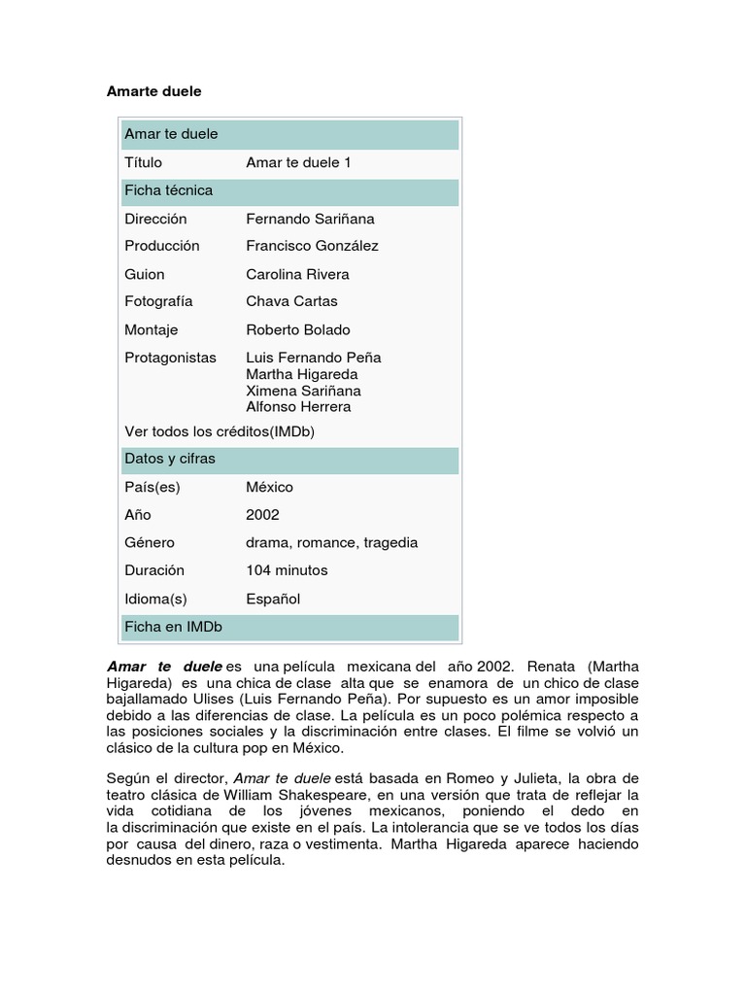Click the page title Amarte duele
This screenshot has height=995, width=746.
(x=153, y=90)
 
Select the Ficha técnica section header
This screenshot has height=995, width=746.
(x=168, y=190)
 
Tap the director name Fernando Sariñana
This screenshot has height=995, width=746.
(x=310, y=219)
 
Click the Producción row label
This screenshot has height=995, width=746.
(x=162, y=246)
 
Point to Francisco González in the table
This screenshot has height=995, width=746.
(x=312, y=246)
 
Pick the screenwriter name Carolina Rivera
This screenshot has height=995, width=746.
(x=297, y=274)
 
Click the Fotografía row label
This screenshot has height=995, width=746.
(x=158, y=301)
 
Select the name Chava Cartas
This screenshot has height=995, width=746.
(x=291, y=301)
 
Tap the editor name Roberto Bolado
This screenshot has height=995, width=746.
(x=298, y=329)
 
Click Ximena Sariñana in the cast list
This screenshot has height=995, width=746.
(x=298, y=390)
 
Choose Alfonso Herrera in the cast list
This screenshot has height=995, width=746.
(x=298, y=406)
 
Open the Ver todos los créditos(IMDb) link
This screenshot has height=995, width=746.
(x=220, y=431)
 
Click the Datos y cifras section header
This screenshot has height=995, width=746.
(x=170, y=459)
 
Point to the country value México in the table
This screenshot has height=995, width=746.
(x=269, y=487)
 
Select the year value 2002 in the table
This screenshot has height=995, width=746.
(x=262, y=515)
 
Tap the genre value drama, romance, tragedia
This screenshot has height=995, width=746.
(x=332, y=542)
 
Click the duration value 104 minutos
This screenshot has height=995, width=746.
(x=287, y=570)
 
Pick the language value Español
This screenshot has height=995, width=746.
(x=273, y=599)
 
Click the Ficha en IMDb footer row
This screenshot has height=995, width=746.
(x=173, y=627)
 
